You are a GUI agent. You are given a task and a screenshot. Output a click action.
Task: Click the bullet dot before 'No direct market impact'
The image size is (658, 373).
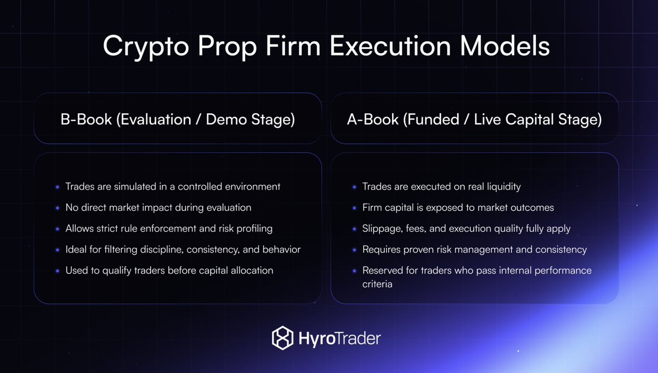(58, 208)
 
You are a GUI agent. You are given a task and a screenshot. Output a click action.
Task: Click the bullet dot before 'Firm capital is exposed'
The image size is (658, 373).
(354, 208)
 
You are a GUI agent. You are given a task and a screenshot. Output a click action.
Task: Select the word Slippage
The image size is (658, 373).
(382, 229)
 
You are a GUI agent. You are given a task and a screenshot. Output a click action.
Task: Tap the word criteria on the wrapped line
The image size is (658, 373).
(377, 284)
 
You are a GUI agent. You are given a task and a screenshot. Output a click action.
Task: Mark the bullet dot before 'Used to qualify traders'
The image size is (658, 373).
(58, 271)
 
